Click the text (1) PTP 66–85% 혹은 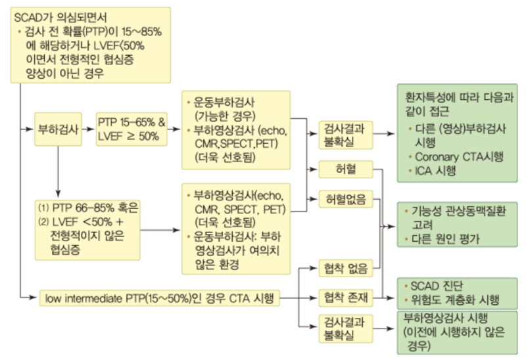click(89, 208)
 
